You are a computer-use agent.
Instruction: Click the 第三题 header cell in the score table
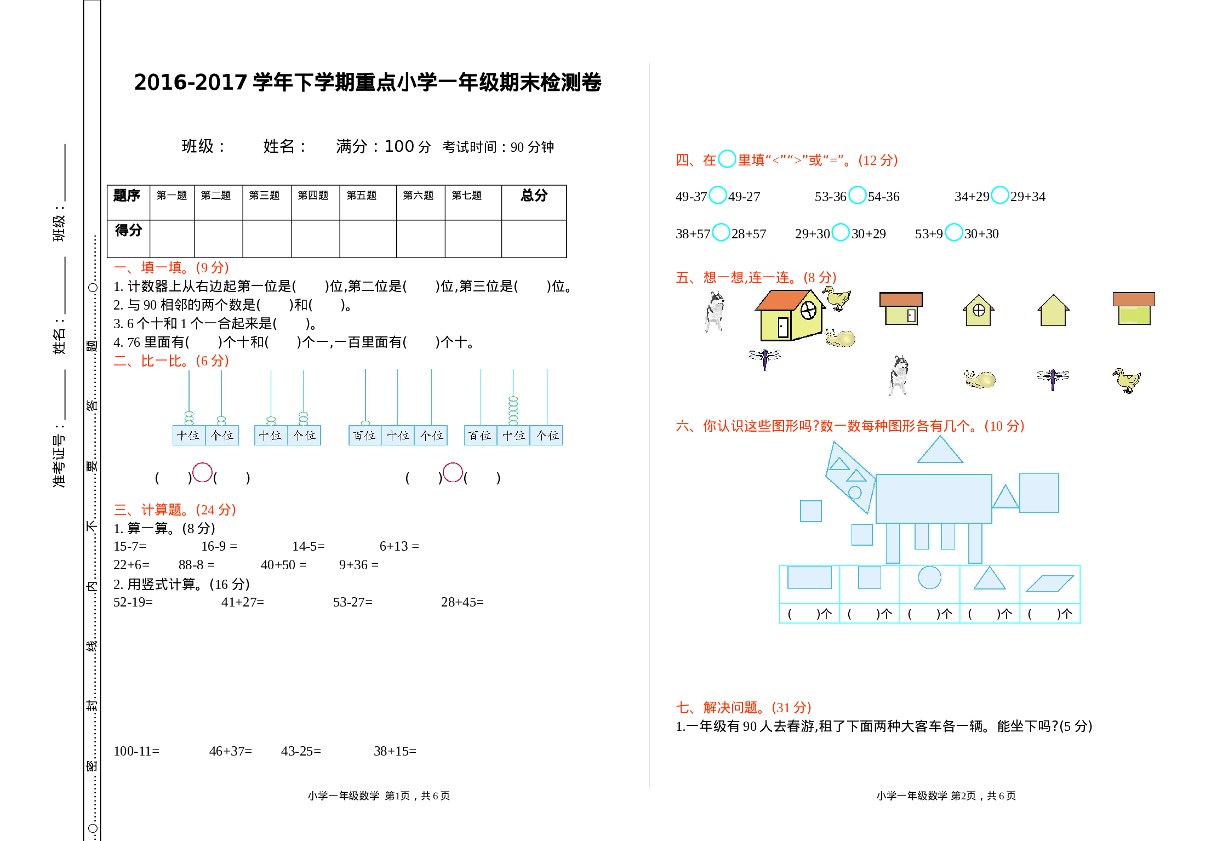click(x=264, y=196)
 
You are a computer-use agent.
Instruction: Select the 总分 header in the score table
click(x=534, y=195)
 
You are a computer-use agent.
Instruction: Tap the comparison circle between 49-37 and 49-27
click(x=717, y=195)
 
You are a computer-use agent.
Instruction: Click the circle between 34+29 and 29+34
click(x=999, y=195)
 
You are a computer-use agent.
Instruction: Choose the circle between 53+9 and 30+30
click(x=953, y=232)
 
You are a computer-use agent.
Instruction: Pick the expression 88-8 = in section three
click(x=196, y=564)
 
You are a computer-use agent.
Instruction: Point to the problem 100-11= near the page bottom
click(x=136, y=751)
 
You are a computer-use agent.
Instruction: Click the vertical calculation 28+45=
click(x=462, y=602)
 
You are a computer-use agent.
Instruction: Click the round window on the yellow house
click(x=808, y=311)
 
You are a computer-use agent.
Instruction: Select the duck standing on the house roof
click(x=837, y=298)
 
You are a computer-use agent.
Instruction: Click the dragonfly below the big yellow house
click(x=765, y=358)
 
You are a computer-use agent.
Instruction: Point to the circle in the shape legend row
click(x=929, y=577)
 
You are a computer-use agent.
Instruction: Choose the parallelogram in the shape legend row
click(x=1049, y=583)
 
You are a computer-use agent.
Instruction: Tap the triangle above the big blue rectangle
click(x=940, y=451)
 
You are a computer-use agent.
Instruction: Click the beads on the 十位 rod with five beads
click(x=513, y=411)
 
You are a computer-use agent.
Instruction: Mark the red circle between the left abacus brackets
click(x=202, y=472)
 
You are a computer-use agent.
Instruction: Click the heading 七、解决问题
click(x=743, y=707)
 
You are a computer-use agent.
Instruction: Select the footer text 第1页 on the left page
click(x=397, y=796)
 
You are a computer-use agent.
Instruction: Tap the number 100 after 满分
click(x=399, y=146)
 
